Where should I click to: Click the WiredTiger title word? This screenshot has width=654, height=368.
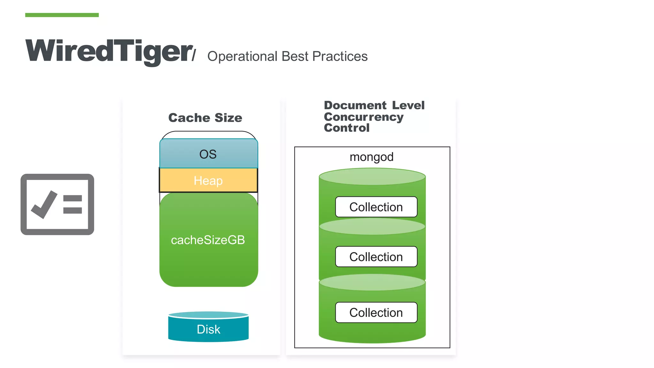pos(109,51)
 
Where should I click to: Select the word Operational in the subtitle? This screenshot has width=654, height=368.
pos(242,57)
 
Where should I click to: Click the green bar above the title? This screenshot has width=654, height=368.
pos(62,15)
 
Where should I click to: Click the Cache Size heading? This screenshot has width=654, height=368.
pos(205,118)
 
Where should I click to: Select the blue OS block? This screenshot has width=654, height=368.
pos(208,154)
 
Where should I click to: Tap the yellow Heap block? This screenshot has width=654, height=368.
pos(208,181)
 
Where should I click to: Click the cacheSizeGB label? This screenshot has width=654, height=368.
pos(208,240)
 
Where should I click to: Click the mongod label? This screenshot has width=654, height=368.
pos(371,157)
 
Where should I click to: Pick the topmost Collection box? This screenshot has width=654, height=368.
pos(376,207)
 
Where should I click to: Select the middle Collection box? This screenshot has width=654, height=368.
pos(376,257)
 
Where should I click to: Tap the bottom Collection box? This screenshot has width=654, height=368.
pos(376,312)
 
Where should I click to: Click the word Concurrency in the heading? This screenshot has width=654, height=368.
pos(363,117)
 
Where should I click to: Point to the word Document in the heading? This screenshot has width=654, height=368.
pos(355,105)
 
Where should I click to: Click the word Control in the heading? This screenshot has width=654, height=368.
pos(346,128)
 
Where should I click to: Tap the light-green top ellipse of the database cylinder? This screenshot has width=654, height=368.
pos(372,177)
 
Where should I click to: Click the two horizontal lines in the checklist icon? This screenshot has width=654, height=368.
pos(72,204)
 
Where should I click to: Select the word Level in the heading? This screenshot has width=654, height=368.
pos(408,105)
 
